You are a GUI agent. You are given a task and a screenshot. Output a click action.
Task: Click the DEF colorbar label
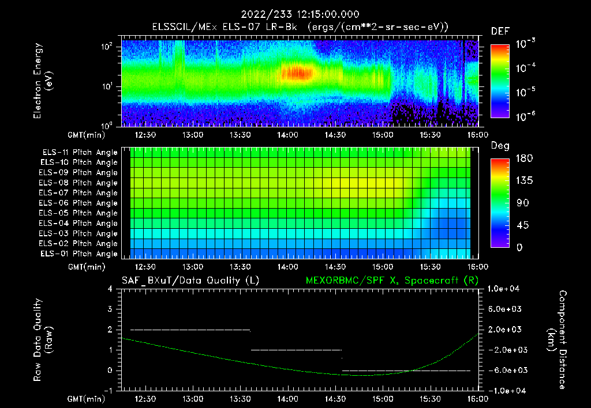click(500, 31)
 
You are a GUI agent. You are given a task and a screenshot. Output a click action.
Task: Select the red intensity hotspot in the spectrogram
click(297, 73)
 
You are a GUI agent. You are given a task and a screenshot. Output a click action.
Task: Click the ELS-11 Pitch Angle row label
click(80, 153)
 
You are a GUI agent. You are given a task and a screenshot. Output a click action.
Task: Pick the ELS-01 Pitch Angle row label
click(80, 254)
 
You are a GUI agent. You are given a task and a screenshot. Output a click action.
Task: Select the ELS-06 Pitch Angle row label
click(80, 203)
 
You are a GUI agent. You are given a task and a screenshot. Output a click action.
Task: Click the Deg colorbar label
click(500, 146)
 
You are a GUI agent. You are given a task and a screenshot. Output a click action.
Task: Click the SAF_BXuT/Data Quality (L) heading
click(190, 281)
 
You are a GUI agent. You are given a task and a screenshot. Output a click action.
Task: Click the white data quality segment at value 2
click(190, 330)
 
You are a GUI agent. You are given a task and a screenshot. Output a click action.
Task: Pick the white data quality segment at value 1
click(296, 350)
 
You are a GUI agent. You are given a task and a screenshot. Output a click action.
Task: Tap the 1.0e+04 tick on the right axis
click(505, 289)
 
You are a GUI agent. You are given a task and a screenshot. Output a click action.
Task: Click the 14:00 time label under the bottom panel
click(288, 398)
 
